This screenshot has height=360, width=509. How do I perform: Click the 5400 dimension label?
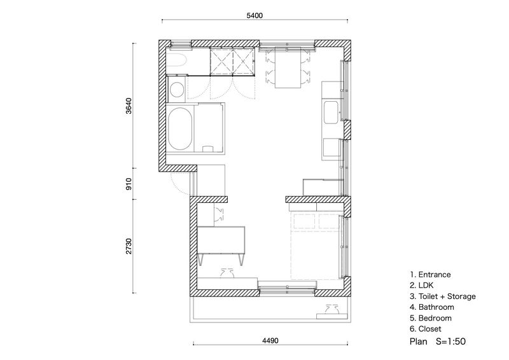[x=254, y=15]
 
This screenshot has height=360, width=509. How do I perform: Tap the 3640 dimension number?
[x=129, y=106]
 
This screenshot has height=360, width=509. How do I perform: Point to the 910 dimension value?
[x=129, y=184]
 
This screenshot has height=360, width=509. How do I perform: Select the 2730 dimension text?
[x=129, y=246]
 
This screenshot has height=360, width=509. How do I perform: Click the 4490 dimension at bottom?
[x=270, y=340]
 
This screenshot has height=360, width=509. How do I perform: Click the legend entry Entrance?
[x=430, y=275]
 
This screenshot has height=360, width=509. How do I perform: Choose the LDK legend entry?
[x=421, y=286]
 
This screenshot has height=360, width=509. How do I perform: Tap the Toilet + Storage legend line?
[x=442, y=296]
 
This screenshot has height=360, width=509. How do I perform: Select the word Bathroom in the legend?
[x=436, y=307]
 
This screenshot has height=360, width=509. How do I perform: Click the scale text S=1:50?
[x=451, y=341]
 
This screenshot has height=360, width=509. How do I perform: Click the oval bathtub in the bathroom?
[x=180, y=129]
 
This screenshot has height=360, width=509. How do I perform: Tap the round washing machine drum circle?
[x=177, y=90]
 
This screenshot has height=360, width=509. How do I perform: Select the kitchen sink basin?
[x=331, y=113]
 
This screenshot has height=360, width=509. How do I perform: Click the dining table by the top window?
[x=288, y=67]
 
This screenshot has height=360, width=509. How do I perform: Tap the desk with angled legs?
[x=221, y=245]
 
